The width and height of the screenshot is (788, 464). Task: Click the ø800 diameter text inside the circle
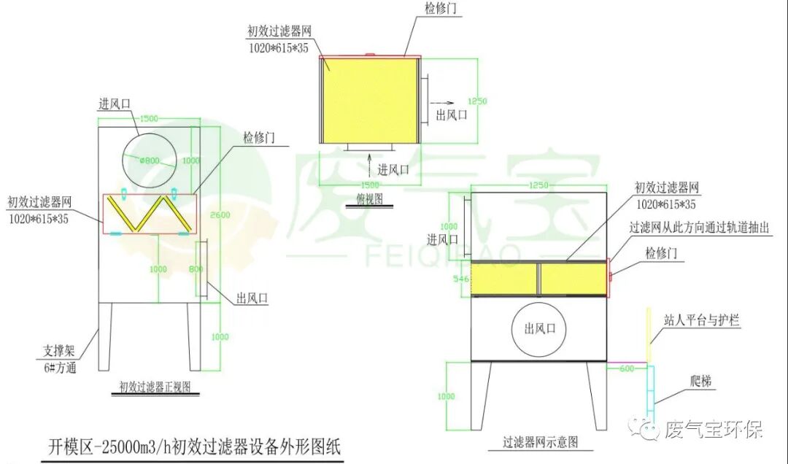150,161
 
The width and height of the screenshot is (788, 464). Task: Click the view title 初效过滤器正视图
155,389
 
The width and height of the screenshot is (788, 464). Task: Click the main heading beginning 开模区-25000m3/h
194,444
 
